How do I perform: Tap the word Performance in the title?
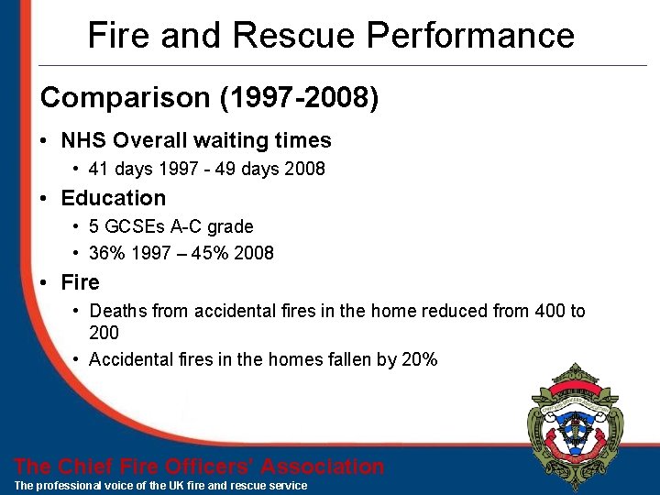pos(471,36)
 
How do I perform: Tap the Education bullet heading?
pos(114,198)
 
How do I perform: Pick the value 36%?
pos(105,253)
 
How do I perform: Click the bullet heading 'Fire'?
pos(80,282)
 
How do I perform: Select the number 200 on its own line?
pos(104,333)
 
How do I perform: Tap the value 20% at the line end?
pos(420,359)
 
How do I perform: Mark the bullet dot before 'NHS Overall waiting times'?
pos(45,141)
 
